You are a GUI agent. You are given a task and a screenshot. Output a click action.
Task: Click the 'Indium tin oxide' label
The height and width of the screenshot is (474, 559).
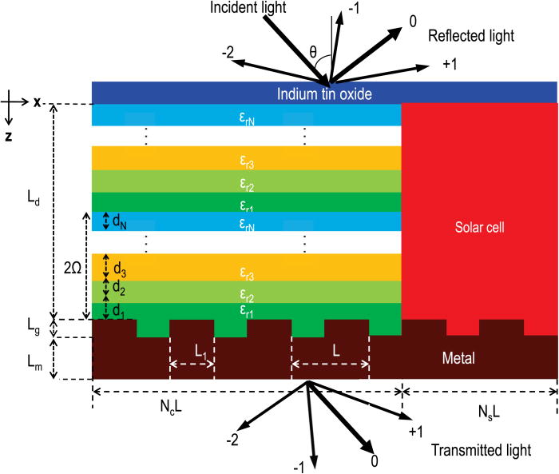(326, 94)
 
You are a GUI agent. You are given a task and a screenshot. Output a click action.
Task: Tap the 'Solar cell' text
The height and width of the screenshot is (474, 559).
(478, 228)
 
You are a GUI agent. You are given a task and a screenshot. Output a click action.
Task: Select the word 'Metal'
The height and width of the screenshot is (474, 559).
(458, 358)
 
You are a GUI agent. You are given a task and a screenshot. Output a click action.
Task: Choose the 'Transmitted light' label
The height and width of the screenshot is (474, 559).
(480, 450)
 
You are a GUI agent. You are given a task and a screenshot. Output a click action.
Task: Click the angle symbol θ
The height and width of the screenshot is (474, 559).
(314, 53)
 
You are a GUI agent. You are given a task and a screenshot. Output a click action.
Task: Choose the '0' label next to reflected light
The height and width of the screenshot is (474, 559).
(413, 22)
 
